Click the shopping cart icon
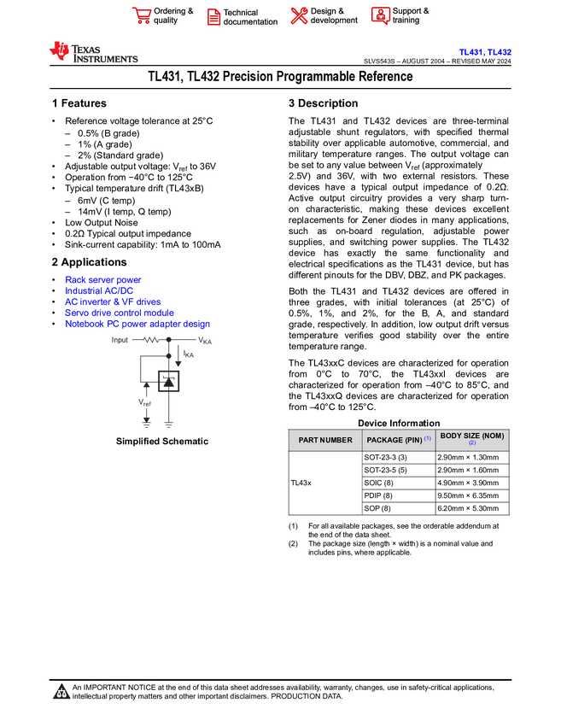[142, 15]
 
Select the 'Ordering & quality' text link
[173, 15]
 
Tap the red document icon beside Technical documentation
[213, 16]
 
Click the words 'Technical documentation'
[250, 17]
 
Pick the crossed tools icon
[298, 15]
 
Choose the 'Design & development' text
[334, 15]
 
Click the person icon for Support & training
[380, 15]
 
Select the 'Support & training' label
[411, 15]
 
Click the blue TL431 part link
[470, 52]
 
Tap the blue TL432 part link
[500, 52]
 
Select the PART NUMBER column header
[325, 440]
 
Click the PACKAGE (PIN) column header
[394, 440]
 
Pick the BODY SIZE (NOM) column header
[472, 436]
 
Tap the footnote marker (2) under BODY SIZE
[472, 444]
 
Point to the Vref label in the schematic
[145, 402]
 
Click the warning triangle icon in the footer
[61, 692]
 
